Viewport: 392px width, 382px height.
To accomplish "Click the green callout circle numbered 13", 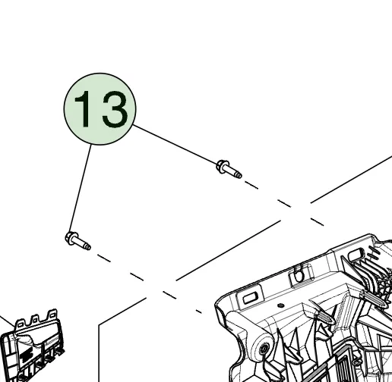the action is point(100,109).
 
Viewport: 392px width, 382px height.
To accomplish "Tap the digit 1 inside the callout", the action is point(82,109).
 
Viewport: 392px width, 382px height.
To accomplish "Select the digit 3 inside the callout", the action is point(115,109).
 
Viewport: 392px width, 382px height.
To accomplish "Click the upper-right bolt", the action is point(229,169).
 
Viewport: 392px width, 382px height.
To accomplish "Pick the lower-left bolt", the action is point(77,241).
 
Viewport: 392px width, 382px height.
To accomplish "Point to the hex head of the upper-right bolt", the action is point(221,166).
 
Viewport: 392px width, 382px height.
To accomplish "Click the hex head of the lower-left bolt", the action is point(70,238).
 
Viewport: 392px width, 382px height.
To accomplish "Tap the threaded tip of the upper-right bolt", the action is point(239,174).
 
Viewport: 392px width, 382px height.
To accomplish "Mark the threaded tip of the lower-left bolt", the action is point(87,246).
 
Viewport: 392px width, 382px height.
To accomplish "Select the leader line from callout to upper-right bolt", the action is point(175,144).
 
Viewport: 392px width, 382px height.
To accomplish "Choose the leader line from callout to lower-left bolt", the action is point(80,188).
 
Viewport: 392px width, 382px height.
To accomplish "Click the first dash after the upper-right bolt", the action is point(251,185).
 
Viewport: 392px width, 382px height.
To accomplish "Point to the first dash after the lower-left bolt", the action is point(104,258).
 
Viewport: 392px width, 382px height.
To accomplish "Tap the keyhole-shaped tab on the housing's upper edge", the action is point(299,275).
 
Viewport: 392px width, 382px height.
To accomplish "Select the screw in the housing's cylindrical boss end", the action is point(264,349).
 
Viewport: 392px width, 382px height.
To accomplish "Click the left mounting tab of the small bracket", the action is point(21,324).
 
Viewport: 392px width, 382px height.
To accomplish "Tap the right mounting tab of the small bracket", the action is point(52,315).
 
